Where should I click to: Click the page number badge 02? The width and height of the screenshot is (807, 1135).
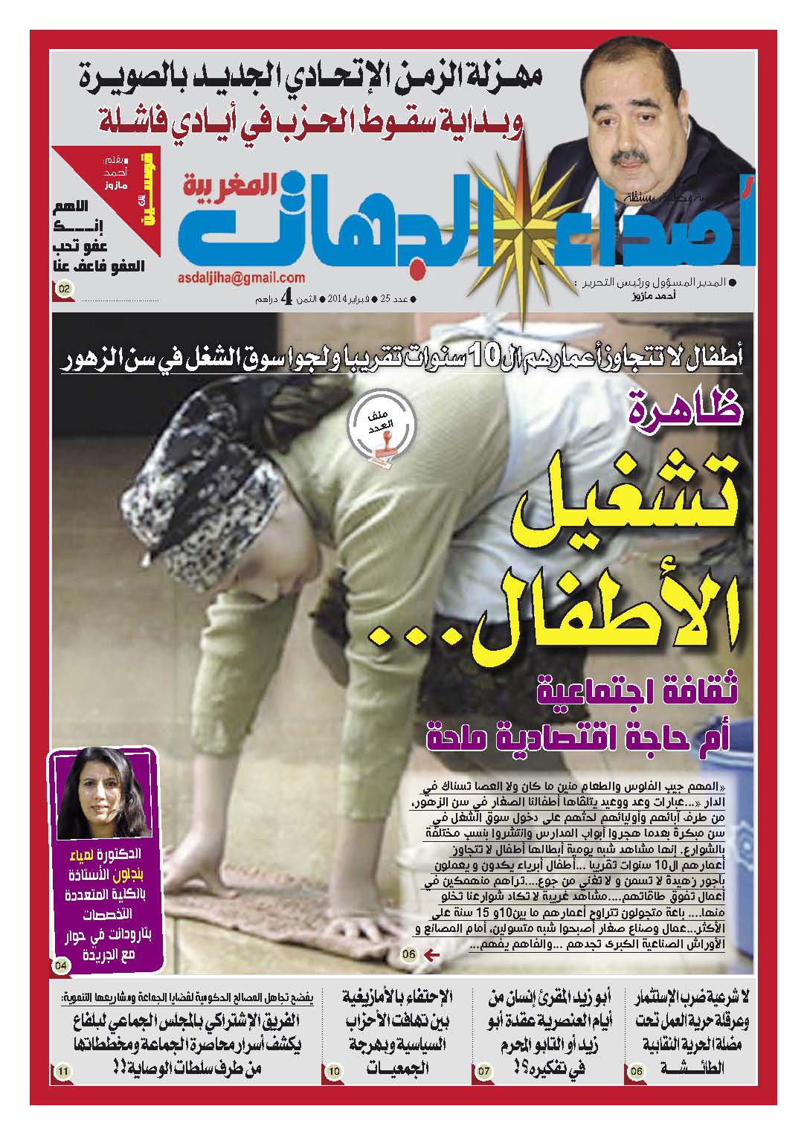pyautogui.click(x=63, y=288)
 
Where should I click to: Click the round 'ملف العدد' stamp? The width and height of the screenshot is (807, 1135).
pyautogui.click(x=379, y=432)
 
